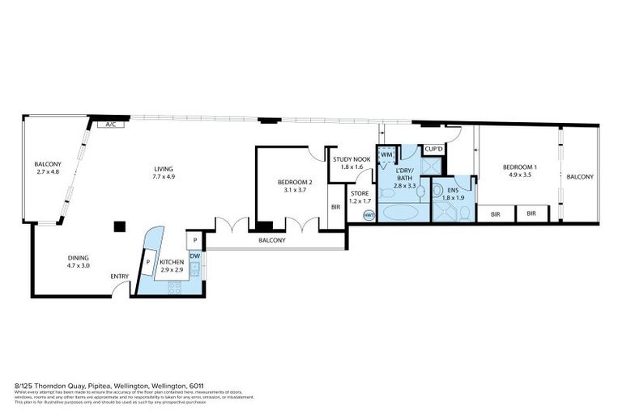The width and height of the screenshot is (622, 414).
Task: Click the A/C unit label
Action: pos(109,125)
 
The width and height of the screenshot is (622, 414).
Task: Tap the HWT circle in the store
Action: pos(369,215)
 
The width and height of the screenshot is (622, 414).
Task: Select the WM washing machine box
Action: pos(387,154)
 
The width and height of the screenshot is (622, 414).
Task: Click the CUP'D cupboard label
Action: pos(433,150)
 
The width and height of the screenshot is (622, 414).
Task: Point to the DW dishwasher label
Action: pos(194,256)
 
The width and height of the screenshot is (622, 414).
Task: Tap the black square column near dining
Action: pos(119,226)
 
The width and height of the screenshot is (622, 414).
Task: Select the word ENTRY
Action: pos(119,277)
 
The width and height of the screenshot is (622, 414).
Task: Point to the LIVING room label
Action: pos(164,169)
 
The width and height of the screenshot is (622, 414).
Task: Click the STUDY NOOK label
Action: pos(351,159)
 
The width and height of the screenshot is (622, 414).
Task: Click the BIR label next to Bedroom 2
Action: pos(335,207)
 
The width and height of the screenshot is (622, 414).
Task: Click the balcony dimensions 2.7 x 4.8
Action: pos(48,171)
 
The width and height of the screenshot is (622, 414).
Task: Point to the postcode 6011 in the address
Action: pos(197,386)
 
